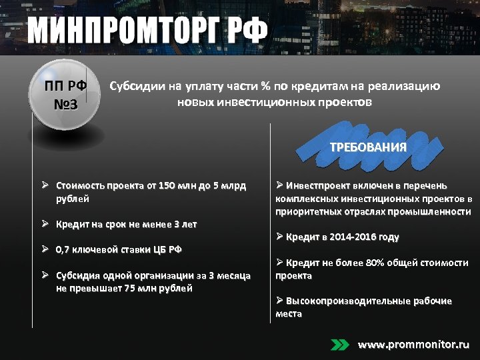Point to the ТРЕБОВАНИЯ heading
[368, 147]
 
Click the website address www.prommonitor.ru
[413, 345]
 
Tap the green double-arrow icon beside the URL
[340, 345]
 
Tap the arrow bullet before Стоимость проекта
[43, 185]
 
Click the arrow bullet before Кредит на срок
[43, 224]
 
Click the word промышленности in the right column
[433, 211]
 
